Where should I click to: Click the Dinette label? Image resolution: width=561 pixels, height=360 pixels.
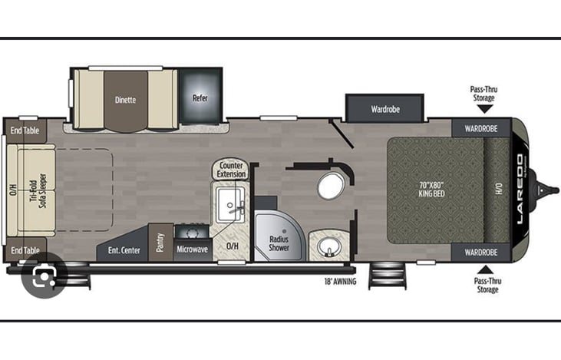(x=125, y=99)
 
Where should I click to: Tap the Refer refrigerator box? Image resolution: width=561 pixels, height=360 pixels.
(x=200, y=98)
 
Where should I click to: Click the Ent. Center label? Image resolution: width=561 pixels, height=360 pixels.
(x=124, y=249)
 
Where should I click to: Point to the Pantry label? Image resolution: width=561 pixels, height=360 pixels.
(x=161, y=243)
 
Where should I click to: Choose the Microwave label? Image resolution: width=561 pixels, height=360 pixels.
(x=193, y=249)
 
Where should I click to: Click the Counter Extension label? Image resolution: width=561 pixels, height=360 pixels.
(x=231, y=170)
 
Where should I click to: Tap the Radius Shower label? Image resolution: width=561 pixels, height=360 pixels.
(x=279, y=243)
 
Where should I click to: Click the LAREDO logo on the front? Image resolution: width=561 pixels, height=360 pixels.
(x=519, y=189)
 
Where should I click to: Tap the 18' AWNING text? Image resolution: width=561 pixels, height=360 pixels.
(x=341, y=280)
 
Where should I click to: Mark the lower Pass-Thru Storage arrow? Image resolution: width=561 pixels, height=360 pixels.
(x=484, y=269)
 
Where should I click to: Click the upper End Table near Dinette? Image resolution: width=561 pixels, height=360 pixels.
(x=25, y=130)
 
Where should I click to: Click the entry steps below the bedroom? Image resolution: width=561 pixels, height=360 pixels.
(x=385, y=276)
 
